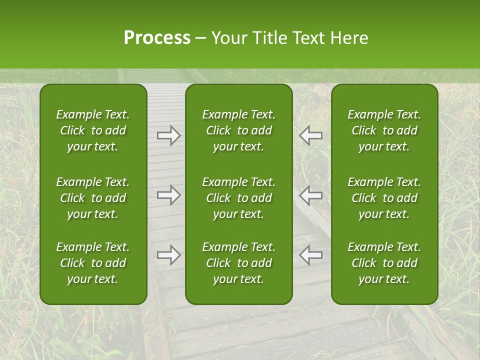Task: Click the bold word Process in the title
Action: pos(157,38)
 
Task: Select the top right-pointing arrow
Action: pos(169,135)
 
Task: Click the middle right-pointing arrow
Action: pos(169,195)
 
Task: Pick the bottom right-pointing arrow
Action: pos(169,255)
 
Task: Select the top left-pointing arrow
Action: pos(311,135)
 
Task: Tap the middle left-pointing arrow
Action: pos(311,195)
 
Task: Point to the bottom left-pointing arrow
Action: pos(311,255)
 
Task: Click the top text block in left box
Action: pos(93,130)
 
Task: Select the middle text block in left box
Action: pos(93,198)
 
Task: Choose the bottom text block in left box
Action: pos(93,263)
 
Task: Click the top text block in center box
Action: pos(239,130)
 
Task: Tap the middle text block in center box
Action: pos(239,198)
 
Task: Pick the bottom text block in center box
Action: pos(239,263)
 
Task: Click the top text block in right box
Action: pos(384,130)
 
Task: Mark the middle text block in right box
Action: pos(384,198)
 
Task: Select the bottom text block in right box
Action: pos(384,263)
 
